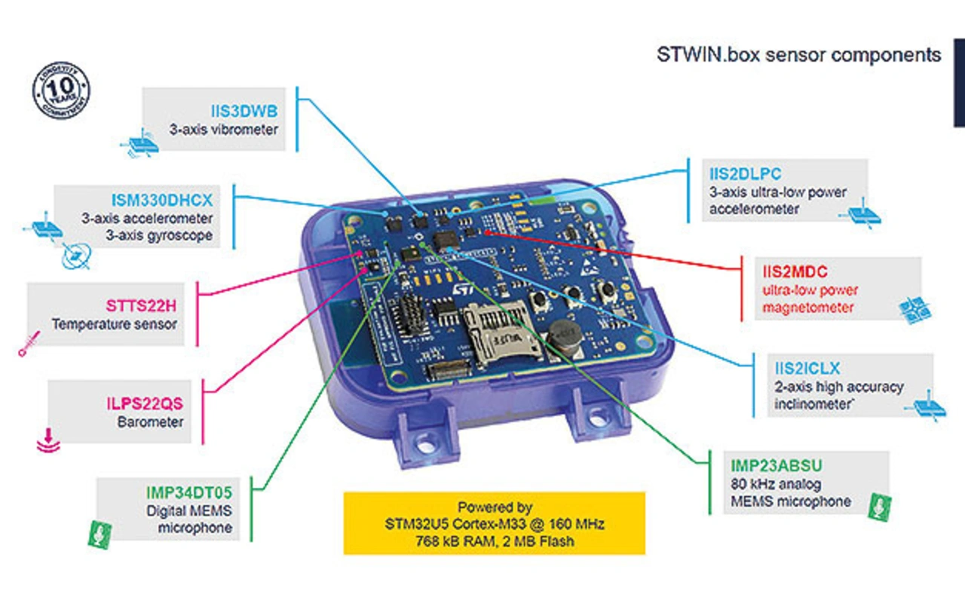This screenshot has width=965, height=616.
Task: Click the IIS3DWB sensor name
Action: coord(244,111)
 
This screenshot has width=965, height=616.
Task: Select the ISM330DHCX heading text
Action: coord(162,200)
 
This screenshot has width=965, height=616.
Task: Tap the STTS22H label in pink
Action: coord(141,305)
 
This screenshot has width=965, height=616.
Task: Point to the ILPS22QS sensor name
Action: coord(145,403)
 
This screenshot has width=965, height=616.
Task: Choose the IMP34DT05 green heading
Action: coord(188,492)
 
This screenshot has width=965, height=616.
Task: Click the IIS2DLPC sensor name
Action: coord(746,173)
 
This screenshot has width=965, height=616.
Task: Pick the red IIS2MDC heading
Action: coord(795,271)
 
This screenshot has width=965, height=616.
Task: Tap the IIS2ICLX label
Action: coord(807,368)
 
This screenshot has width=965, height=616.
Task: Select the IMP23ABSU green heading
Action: coord(777,465)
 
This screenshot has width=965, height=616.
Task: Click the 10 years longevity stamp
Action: coord(61,90)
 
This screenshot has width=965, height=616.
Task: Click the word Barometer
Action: coord(150,421)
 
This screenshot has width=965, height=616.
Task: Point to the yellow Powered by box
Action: coord(494,523)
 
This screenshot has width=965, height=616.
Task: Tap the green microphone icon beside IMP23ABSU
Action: coord(879,507)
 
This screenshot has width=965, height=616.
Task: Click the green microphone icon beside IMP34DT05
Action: coord(100,535)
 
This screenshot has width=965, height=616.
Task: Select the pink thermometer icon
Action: coord(29,344)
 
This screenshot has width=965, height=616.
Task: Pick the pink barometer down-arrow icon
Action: coord(48,440)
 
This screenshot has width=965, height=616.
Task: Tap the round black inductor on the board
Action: coord(565,337)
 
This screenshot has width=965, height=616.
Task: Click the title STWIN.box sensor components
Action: coord(798,55)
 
